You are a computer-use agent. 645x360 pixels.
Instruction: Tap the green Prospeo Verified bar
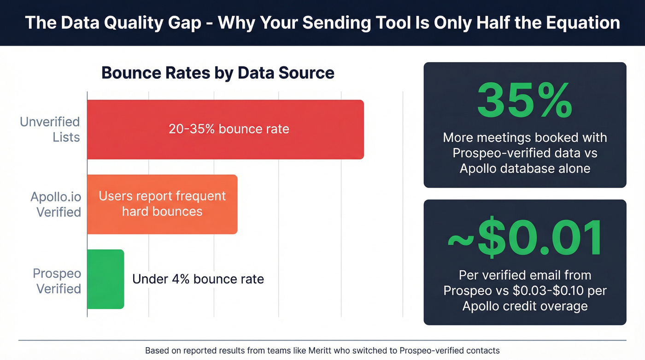click(x=106, y=279)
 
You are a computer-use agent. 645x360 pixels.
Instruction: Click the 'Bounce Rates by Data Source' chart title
click(x=217, y=73)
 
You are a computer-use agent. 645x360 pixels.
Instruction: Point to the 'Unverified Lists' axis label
click(x=50, y=130)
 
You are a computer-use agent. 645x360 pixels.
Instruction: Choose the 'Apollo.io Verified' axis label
click(x=55, y=204)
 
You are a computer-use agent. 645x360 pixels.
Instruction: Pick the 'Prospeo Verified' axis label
click(x=57, y=281)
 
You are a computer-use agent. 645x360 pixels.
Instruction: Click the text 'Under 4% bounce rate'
click(x=198, y=279)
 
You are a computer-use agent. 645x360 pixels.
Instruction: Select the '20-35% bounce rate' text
click(x=229, y=129)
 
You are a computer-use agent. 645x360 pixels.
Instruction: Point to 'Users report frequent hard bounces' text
click(x=162, y=204)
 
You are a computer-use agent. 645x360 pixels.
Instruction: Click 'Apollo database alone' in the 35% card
click(x=525, y=168)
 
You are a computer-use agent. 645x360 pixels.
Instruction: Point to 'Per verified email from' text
click(x=525, y=275)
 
